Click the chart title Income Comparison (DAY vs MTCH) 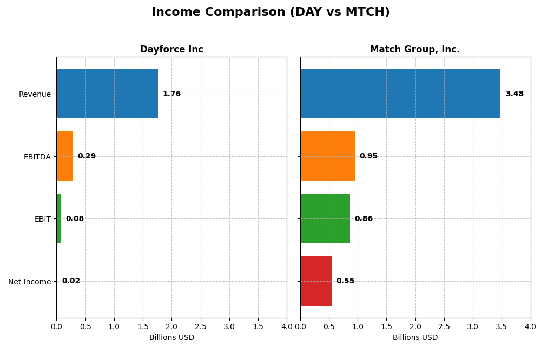click(x=270, y=12)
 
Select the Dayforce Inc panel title click(x=171, y=50)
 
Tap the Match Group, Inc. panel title click(x=415, y=50)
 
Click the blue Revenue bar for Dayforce click(x=107, y=94)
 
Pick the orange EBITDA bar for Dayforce click(x=64, y=156)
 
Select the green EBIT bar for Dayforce click(x=58, y=218)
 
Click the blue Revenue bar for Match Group click(x=400, y=94)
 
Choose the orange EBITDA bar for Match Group click(x=327, y=156)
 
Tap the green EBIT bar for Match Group click(x=325, y=218)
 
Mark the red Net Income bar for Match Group click(x=316, y=281)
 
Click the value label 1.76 click(x=171, y=94)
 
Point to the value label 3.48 click(x=514, y=94)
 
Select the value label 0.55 click(x=345, y=281)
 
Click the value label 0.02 click(x=71, y=281)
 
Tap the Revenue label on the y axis click(x=35, y=94)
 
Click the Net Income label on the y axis click(x=30, y=282)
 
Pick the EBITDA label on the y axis click(x=37, y=157)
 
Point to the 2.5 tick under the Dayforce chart click(x=200, y=326)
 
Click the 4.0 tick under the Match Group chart click(x=530, y=326)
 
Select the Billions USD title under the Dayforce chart click(x=171, y=338)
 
